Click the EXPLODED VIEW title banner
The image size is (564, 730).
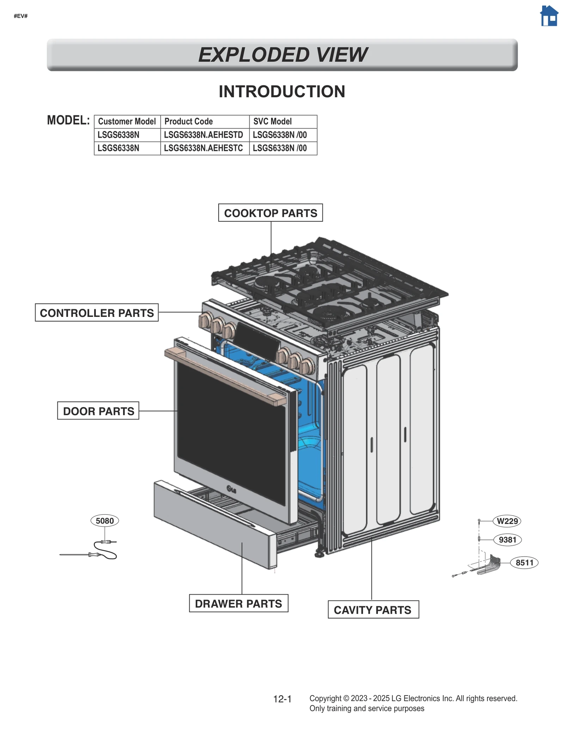click(x=282, y=55)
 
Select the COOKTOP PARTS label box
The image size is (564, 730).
click(x=270, y=213)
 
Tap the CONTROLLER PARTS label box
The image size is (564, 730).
click(x=97, y=313)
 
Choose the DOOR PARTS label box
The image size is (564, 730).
click(x=98, y=411)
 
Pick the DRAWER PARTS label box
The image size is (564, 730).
click(x=238, y=603)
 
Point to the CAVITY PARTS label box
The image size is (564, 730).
click(x=373, y=610)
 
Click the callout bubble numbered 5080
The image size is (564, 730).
click(x=105, y=521)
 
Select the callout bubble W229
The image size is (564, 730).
click(x=507, y=521)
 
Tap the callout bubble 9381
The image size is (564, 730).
click(x=507, y=540)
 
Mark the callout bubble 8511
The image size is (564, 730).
click(x=524, y=563)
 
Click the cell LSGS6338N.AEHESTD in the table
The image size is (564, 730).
click(x=204, y=135)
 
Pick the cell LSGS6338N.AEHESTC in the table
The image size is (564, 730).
click(x=204, y=148)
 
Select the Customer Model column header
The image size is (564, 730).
click(x=127, y=122)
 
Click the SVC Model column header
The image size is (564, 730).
click(x=272, y=122)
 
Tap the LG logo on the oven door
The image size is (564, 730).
click(x=232, y=490)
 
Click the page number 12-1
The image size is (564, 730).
click(x=282, y=699)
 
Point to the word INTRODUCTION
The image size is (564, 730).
click(x=282, y=92)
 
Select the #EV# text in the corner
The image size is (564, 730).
click(x=20, y=16)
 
